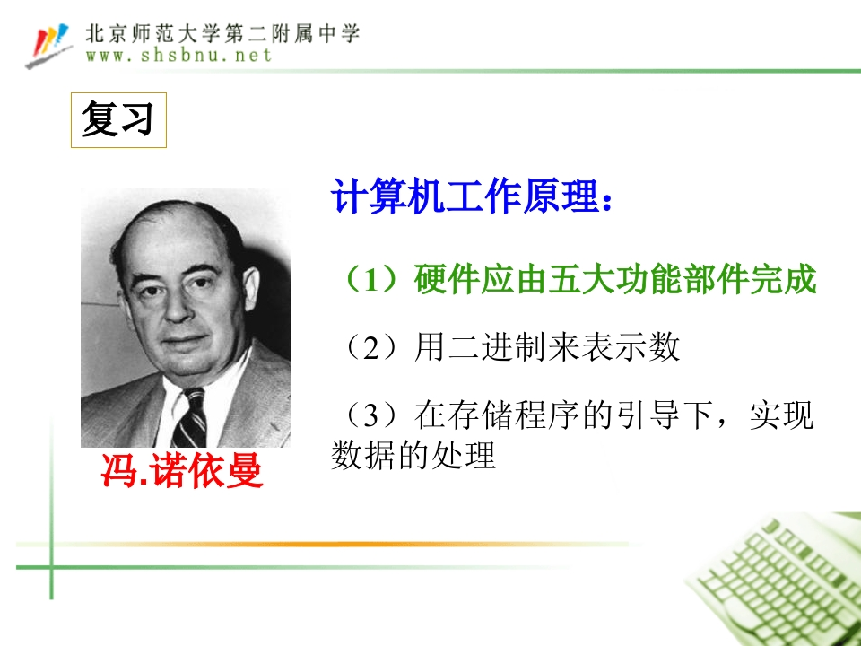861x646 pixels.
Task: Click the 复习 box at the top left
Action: (118, 119)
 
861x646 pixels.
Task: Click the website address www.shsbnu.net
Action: (179, 56)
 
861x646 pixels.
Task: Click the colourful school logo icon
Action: (48, 45)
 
